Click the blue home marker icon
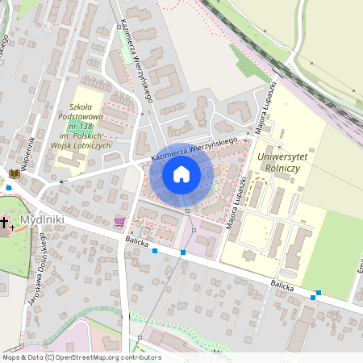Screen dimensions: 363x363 tap(181, 174)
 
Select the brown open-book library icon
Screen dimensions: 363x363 tap(15, 173)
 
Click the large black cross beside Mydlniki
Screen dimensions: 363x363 tap(4, 222)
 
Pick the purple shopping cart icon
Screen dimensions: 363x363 tap(120, 221)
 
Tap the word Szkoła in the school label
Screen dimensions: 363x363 tap(81, 106)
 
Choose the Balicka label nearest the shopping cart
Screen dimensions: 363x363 tap(137, 240)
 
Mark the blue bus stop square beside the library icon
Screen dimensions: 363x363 tap(9, 187)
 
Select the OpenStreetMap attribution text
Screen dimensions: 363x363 tap(81, 357)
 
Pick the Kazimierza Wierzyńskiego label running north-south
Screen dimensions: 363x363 tap(136, 61)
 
